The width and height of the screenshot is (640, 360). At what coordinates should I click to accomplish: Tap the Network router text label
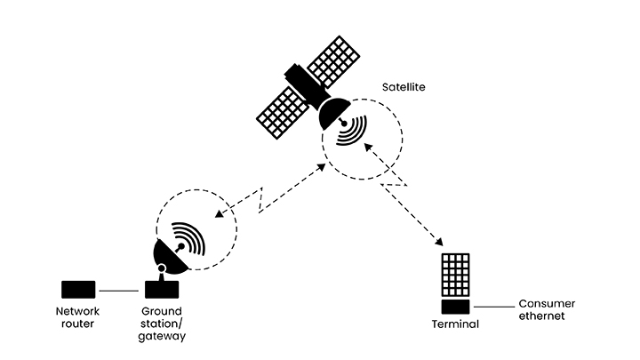78,317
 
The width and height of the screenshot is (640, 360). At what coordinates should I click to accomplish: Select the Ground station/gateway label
163,324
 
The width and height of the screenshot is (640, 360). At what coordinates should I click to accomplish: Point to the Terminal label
456,324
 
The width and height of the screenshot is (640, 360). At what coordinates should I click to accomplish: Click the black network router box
78,290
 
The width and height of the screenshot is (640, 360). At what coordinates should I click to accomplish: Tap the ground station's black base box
162,290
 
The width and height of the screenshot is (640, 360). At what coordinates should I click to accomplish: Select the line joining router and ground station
120,291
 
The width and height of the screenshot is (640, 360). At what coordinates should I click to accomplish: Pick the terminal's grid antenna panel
456,276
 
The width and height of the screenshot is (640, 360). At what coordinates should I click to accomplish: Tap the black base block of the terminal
456,308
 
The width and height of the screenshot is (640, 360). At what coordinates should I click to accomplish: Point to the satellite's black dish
331,111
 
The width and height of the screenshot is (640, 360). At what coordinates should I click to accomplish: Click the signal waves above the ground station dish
188,236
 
